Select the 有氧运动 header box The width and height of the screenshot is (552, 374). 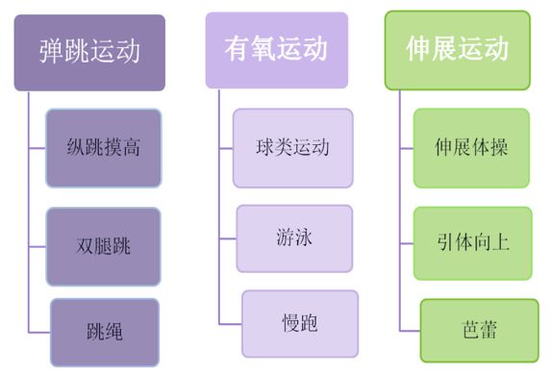276,49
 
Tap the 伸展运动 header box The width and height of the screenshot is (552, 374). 456,50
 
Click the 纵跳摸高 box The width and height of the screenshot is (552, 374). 103,148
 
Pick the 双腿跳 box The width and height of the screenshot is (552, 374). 103,246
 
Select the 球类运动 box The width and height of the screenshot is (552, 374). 292,148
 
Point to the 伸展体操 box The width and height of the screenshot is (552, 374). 471,148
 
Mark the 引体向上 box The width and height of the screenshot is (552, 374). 471,241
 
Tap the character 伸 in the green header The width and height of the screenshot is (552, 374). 417,50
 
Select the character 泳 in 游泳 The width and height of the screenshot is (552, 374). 304,236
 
